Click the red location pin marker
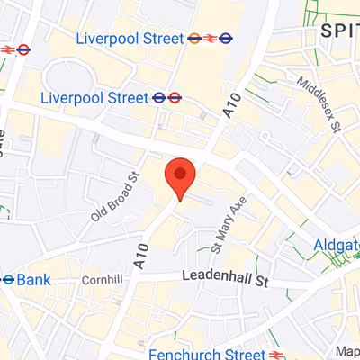(180, 175)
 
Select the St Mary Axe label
(229, 226)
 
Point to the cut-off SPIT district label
(340, 31)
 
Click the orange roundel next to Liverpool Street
(194, 39)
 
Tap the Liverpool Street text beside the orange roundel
(130, 39)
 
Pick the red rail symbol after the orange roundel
(211, 39)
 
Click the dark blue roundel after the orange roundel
(227, 39)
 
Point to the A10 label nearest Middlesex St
(231, 111)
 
